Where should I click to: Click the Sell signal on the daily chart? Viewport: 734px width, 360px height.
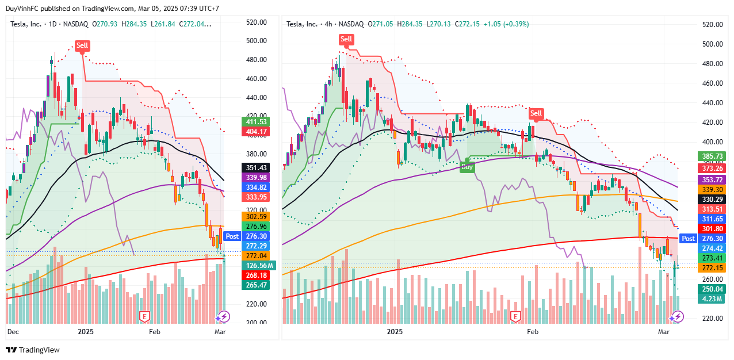coord(82,45)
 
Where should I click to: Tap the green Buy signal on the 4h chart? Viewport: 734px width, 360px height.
coord(468,167)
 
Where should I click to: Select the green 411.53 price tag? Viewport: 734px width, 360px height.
coord(257,122)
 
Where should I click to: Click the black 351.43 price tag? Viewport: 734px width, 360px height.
coord(257,167)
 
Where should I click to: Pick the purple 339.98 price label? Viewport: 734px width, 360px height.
coord(257,177)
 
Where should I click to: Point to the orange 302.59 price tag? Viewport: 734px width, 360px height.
coord(257,217)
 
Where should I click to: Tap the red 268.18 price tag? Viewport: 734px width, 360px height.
coord(257,275)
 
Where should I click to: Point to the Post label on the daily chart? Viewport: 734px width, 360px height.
coord(232,236)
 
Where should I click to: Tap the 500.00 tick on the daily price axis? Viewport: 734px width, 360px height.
coord(257,41)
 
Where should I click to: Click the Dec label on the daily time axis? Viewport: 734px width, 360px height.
coord(13,332)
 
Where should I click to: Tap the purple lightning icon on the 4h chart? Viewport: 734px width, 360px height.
coord(678,316)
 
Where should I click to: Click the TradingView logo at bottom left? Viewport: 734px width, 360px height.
coord(33,350)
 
